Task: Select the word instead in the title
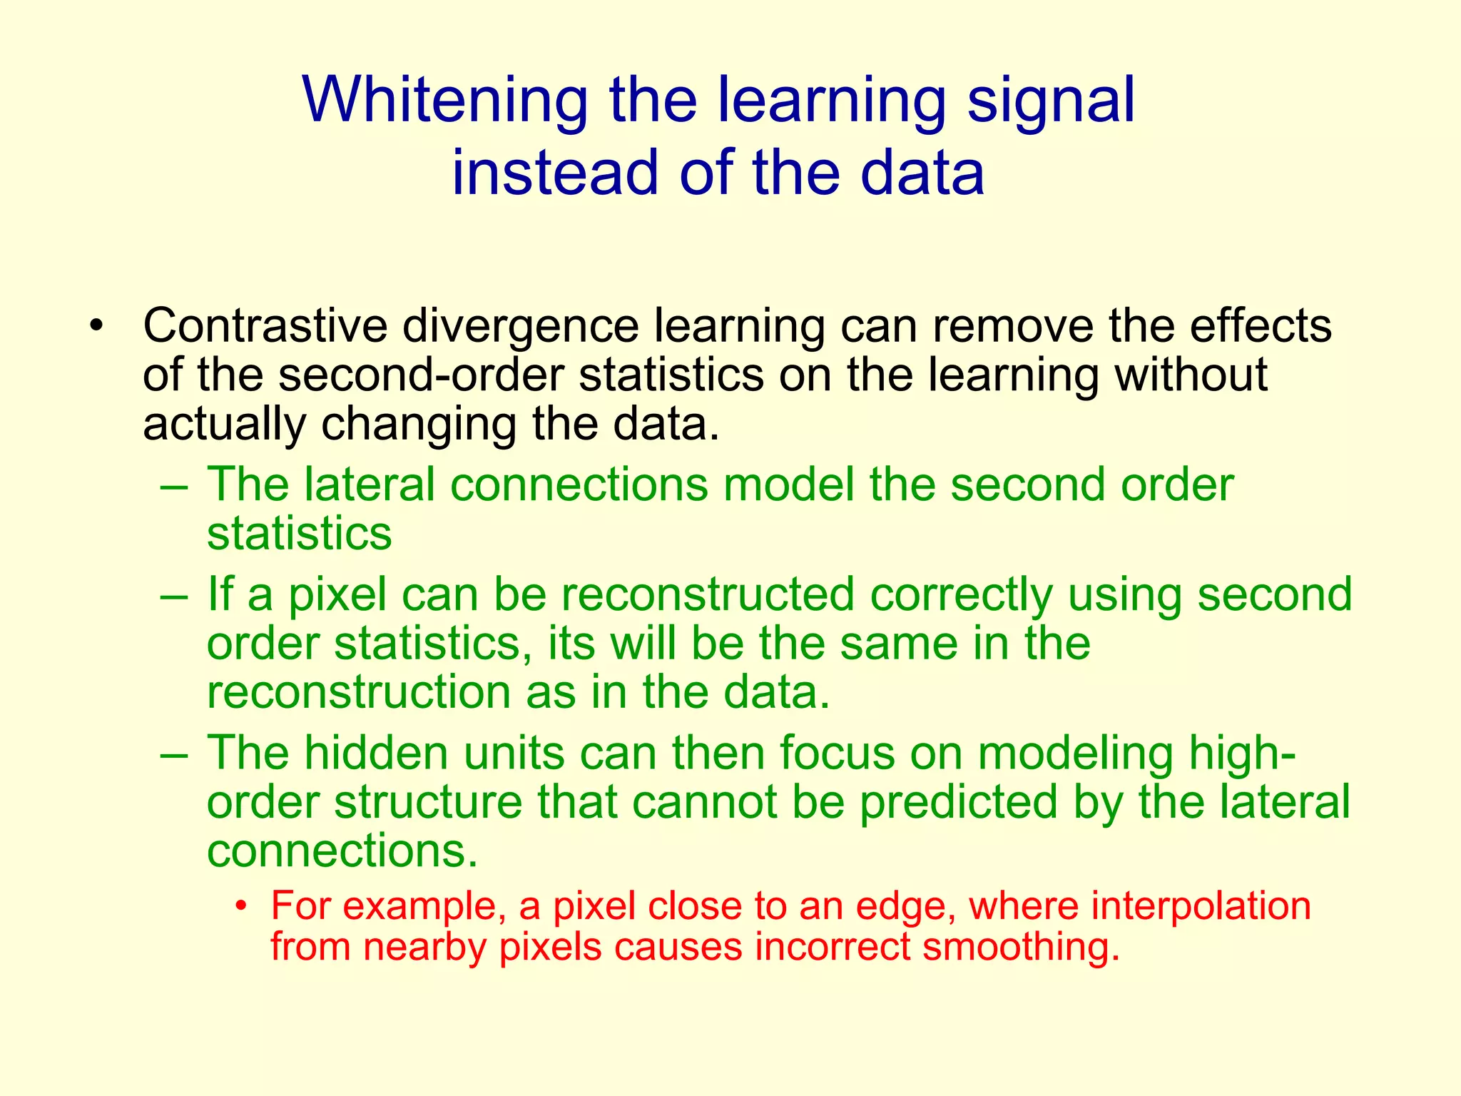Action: tap(554, 173)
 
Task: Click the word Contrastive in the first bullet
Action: tap(265, 326)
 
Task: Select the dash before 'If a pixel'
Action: tap(174, 595)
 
